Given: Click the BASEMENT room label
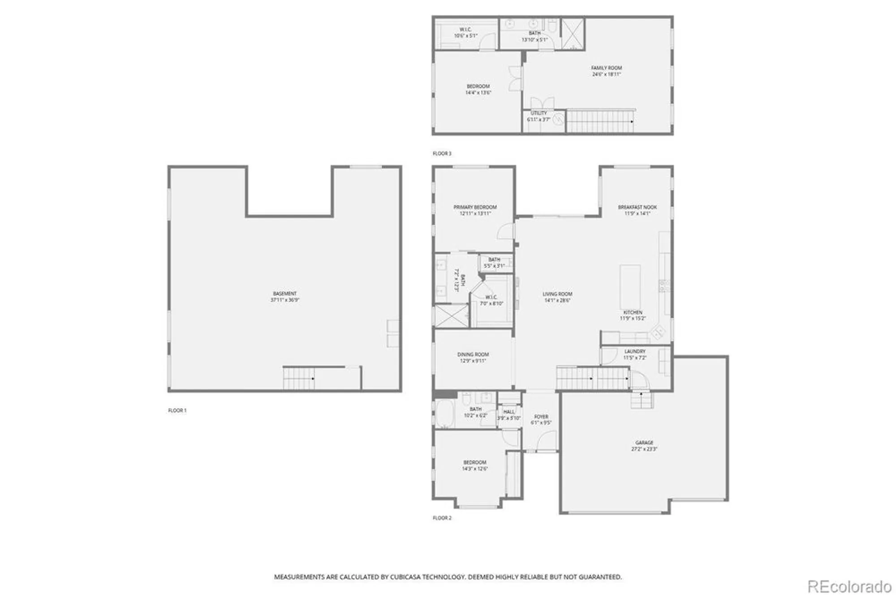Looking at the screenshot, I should coord(285,294).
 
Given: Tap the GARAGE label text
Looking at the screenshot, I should coord(644,443).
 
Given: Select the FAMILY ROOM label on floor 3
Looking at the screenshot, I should coord(607,68).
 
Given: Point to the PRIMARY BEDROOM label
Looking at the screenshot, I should coord(475,207).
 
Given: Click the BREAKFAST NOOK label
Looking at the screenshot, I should coord(637,207).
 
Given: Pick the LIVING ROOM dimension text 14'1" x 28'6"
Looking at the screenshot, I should coord(557,301).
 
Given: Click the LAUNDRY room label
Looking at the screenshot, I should coord(635,351).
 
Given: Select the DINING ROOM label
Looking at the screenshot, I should coord(473,354).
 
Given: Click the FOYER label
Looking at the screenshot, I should coord(541,417).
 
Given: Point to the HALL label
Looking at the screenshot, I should coord(509,412).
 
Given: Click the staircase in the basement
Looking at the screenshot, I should coord(298,378).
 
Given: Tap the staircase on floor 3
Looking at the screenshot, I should coord(599,121).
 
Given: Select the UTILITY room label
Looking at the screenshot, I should coord(538,113).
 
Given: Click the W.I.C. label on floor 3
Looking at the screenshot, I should coord(465,30).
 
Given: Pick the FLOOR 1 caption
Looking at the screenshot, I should coord(177,410).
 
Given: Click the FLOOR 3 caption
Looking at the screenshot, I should coord(442,154).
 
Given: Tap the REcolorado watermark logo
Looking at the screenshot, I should coord(849,586).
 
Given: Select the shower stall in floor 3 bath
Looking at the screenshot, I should coord(573,33).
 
